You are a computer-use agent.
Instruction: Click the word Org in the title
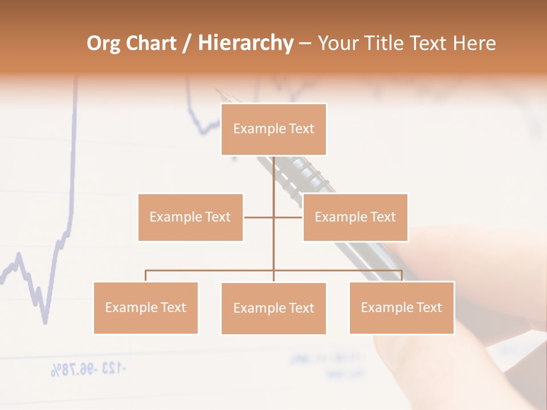point(104,43)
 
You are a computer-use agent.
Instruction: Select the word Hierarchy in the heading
point(245,43)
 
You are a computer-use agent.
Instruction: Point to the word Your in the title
point(337,43)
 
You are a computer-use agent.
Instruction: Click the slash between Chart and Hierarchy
point(187,44)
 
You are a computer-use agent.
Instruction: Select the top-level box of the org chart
point(273,129)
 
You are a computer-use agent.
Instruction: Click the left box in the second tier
point(190,217)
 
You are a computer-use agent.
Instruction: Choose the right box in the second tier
point(355,217)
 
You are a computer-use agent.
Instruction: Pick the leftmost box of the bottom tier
point(145,307)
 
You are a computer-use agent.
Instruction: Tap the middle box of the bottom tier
point(273,308)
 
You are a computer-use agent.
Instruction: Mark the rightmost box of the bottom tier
point(401,307)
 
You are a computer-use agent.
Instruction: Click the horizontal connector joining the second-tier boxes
point(259,217)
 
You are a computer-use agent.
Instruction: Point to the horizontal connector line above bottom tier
point(211,271)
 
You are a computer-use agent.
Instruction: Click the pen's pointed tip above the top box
point(217,90)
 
